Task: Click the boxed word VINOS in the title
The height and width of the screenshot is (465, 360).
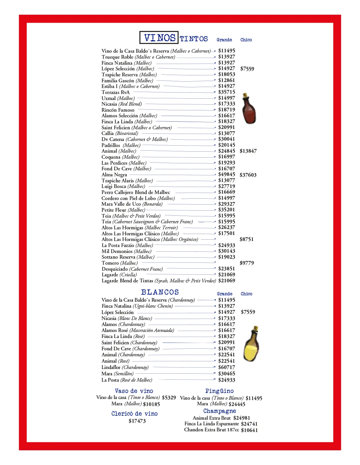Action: [159, 38]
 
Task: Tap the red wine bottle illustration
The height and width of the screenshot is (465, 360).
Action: [249, 109]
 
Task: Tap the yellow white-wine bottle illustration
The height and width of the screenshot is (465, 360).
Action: [251, 344]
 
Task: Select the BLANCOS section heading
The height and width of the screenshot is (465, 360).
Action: [160, 292]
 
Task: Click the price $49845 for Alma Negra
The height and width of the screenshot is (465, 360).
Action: [227, 174]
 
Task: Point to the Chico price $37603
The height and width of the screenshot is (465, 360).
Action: [248, 175]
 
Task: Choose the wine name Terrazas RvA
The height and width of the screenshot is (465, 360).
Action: [116, 92]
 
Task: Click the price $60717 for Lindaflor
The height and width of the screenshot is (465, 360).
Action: [227, 367]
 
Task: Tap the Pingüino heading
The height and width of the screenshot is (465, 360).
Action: [219, 391]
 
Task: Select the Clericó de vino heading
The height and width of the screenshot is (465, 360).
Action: [134, 414]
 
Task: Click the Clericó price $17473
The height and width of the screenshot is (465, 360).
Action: [137, 421]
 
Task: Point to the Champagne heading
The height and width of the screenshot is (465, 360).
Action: [219, 411]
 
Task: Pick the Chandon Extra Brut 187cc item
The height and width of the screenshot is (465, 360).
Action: [211, 430]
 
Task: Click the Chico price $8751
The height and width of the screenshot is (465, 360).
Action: [247, 239]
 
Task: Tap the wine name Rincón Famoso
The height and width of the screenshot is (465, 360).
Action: [118, 110]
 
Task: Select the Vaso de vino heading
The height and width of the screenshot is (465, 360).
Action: [134, 391]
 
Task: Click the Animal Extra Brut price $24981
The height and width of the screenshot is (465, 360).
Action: [242, 418]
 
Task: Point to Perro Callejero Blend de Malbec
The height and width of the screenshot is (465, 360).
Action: [136, 192]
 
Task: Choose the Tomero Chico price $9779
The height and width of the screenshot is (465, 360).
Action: [247, 263]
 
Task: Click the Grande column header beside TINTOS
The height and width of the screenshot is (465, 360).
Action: [224, 40]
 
